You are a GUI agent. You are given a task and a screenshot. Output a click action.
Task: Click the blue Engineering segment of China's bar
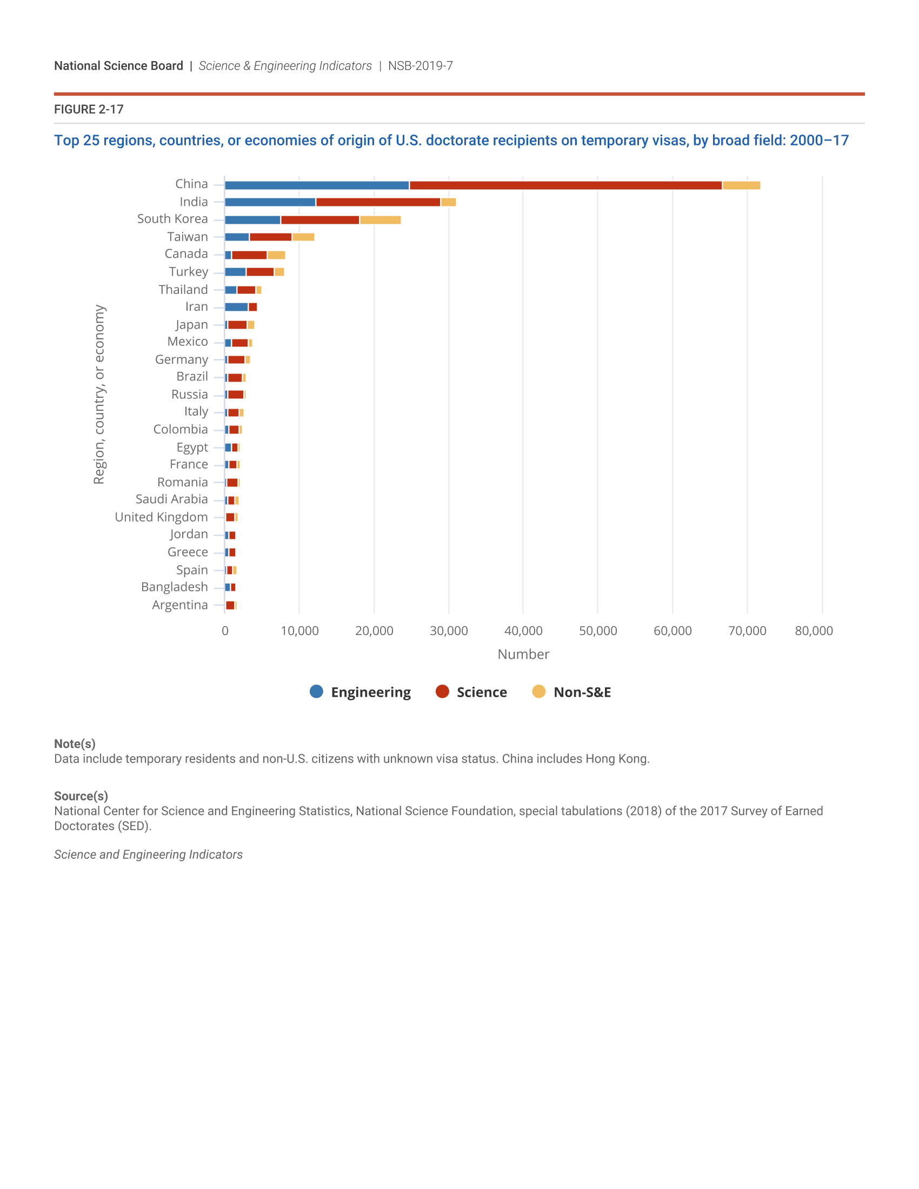[x=316, y=185]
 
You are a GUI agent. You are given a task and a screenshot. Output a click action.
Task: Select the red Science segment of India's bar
[x=378, y=203]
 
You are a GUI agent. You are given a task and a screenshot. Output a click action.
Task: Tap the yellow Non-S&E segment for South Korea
[x=380, y=220]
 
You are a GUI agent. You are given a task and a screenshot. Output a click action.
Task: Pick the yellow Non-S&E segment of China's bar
[x=741, y=185]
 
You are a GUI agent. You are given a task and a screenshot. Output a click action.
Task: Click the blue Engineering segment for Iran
[x=236, y=307]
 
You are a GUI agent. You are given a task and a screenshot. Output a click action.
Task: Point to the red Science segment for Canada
[x=249, y=255]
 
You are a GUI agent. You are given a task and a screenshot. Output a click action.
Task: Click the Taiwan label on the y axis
[x=187, y=237]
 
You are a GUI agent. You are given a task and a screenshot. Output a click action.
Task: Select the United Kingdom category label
[x=161, y=517]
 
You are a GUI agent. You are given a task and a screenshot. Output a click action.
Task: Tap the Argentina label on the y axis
[x=179, y=605]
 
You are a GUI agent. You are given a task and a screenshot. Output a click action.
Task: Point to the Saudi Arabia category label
[x=171, y=499]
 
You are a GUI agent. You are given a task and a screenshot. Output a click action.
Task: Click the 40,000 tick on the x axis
[x=523, y=631]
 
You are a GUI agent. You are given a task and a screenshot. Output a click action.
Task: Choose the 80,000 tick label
[x=814, y=631]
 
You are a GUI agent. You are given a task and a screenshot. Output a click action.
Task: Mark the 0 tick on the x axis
[x=225, y=631]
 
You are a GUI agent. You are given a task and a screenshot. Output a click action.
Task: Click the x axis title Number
[x=523, y=654]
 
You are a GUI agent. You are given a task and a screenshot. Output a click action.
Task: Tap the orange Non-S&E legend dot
[x=538, y=691]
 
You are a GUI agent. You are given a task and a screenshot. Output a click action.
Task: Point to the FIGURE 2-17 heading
[x=89, y=109]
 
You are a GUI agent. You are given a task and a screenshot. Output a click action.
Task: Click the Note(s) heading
[x=75, y=744]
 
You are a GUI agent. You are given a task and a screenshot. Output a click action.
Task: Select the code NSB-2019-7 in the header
[x=420, y=66]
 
